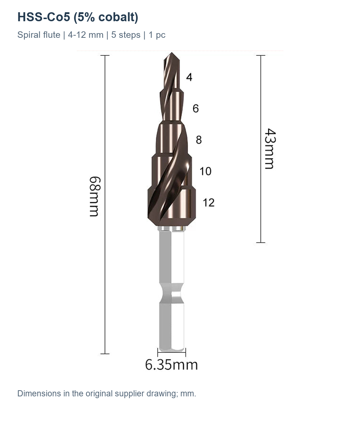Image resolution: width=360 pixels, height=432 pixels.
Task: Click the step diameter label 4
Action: tap(189, 77)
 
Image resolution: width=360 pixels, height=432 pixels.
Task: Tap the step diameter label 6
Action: tap(195, 108)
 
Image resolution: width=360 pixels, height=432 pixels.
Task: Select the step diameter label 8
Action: tap(199, 140)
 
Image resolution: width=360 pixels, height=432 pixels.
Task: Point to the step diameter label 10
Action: tap(205, 171)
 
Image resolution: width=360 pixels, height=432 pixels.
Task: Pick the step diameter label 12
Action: tap(208, 203)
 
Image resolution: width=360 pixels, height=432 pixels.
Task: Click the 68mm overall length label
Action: tap(95, 196)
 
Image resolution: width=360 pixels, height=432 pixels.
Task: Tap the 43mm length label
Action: tap(270, 149)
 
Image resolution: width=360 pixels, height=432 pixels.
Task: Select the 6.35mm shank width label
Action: tap(171, 365)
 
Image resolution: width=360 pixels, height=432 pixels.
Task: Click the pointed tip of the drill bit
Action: tap(171, 53)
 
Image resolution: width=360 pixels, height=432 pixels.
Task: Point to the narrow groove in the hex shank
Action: tap(171, 293)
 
